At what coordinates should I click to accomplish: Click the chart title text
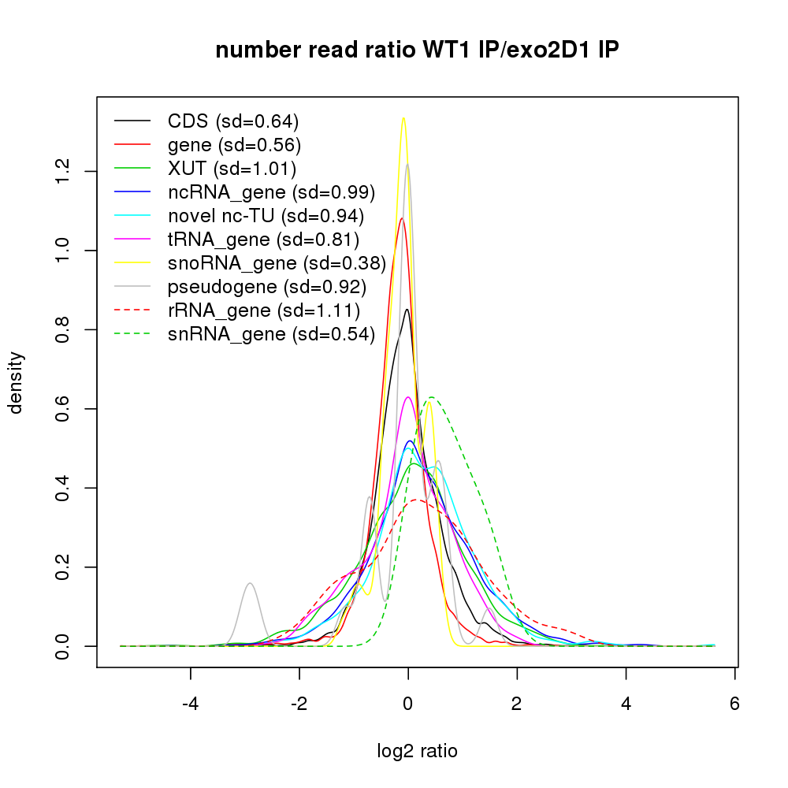pos(417,50)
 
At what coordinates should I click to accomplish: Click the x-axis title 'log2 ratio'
pos(417,751)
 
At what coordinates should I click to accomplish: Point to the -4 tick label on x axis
pos(190,704)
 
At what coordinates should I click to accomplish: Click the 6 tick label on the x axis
pos(734,704)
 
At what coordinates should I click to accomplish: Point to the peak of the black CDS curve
pos(407,309)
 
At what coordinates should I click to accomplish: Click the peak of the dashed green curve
pos(430,397)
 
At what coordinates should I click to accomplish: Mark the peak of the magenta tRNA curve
pos(407,397)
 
